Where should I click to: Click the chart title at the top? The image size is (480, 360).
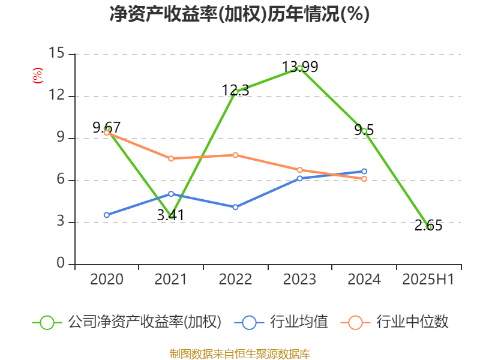[240, 14]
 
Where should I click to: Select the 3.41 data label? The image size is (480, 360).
[170, 215]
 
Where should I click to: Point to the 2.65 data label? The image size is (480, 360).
[428, 226]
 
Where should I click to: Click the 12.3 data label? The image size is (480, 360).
[235, 90]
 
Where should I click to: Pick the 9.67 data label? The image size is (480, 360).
[107, 127]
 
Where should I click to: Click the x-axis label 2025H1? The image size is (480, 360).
[428, 279]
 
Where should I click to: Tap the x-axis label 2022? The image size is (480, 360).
[235, 279]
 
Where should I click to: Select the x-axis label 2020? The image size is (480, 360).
[107, 279]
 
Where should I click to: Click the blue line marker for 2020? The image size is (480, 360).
[107, 215]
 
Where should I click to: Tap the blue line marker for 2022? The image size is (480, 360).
[235, 207]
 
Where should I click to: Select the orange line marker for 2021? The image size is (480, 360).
[171, 158]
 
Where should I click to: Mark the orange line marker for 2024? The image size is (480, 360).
[364, 179]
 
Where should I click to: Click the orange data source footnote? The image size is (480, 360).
[240, 353]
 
